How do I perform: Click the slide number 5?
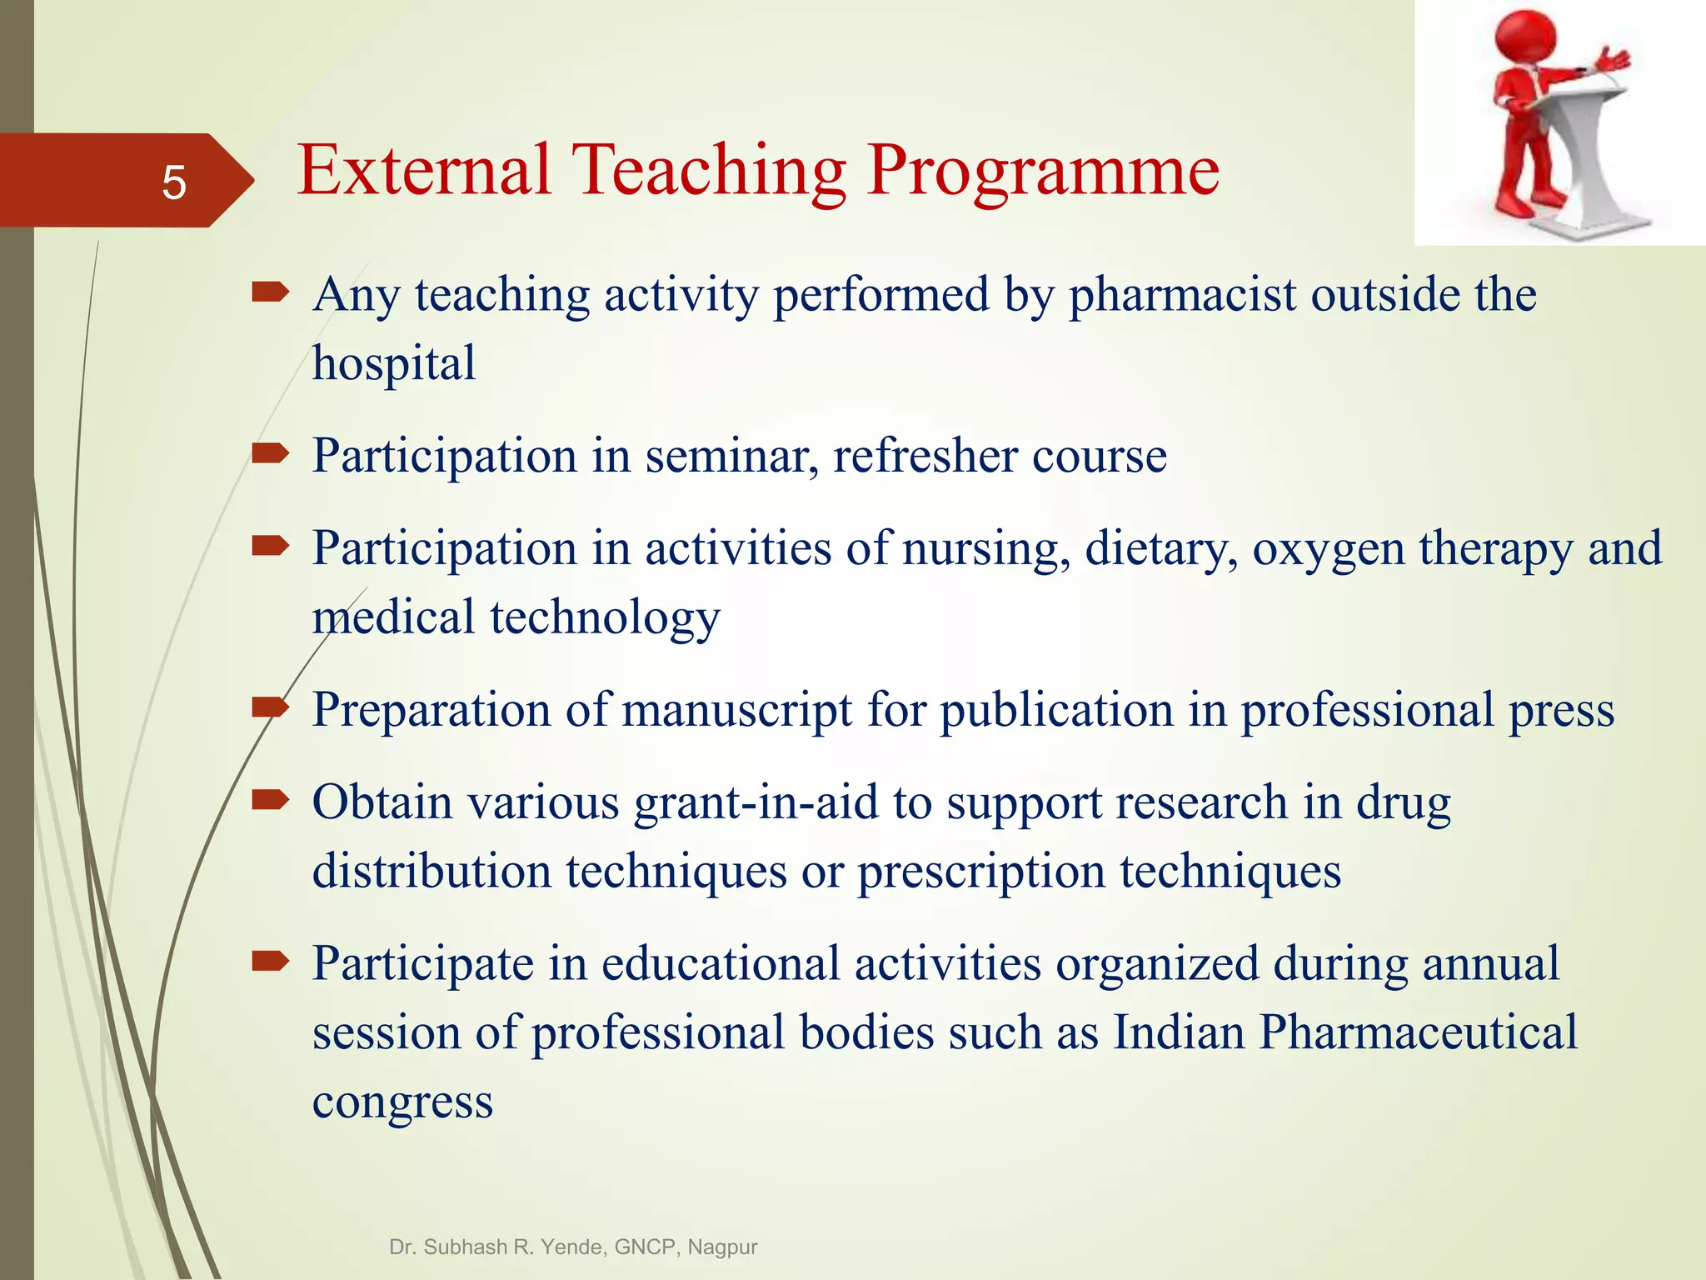point(173,182)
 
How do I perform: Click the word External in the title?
point(424,171)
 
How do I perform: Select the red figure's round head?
point(1525,39)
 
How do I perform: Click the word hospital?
point(394,364)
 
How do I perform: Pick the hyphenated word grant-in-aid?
point(756,802)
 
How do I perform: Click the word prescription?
point(980,872)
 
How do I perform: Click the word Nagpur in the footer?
point(722,1247)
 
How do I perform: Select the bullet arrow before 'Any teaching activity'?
point(270,292)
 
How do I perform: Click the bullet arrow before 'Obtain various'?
point(270,801)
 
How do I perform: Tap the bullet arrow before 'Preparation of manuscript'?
point(270,708)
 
